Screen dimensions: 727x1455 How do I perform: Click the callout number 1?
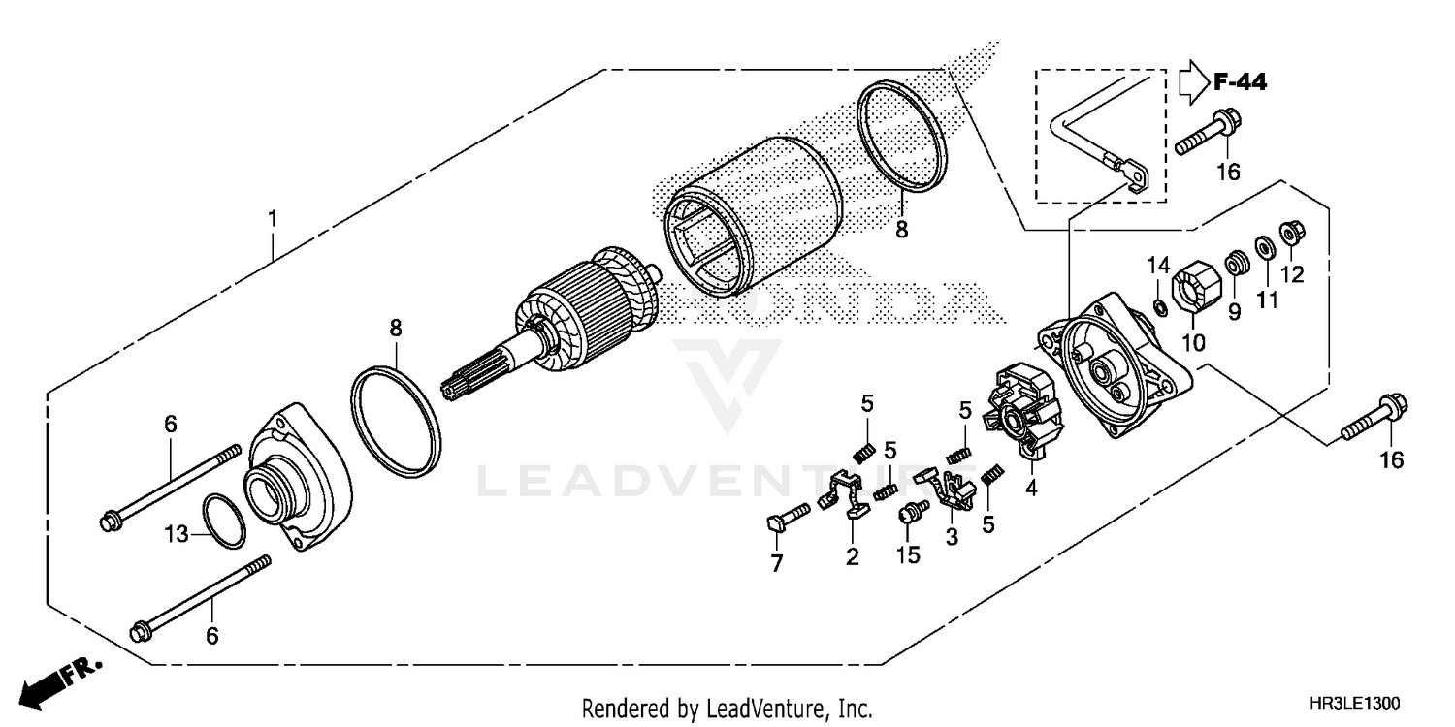pyautogui.click(x=273, y=219)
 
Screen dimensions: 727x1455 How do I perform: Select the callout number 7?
pyautogui.click(x=776, y=564)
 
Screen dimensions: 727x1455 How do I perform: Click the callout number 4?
pyautogui.click(x=1031, y=489)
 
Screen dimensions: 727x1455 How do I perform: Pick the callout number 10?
pyautogui.click(x=1193, y=342)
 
